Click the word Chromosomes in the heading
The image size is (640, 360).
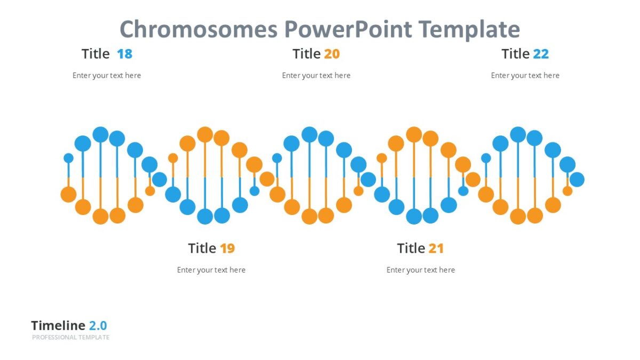pos(198,29)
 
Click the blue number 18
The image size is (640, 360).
pos(124,54)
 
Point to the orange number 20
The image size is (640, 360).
pos(332,54)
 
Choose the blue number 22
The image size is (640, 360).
pos(541,54)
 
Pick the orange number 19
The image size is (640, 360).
pos(227,249)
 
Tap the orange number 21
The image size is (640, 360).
pos(436,249)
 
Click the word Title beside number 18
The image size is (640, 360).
pos(95,54)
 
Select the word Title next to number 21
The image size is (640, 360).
pos(411,249)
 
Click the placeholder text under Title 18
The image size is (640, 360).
pos(107,76)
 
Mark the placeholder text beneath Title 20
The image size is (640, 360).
pos(316,76)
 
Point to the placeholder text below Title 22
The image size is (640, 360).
pos(525,76)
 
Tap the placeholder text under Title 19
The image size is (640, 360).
pos(211,270)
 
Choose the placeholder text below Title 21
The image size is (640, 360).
pos(421,270)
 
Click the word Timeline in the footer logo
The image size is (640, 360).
pos(58,326)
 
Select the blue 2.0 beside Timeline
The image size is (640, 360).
pos(98,326)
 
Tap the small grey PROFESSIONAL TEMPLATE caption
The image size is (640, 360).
pos(70,338)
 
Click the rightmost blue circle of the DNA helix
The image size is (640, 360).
pos(577,180)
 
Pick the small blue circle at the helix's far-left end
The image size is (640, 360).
pos(68,158)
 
